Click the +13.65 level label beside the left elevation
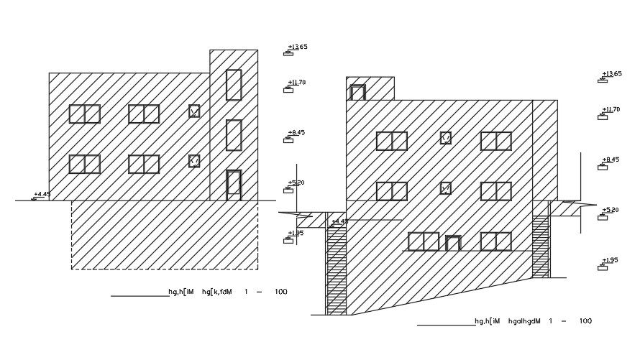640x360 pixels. coord(297,47)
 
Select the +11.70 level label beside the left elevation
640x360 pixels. coord(297,83)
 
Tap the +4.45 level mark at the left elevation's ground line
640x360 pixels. coord(42,194)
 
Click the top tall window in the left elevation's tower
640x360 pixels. coord(234,85)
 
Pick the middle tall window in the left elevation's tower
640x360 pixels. coord(234,135)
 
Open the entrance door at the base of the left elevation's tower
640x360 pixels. coord(234,185)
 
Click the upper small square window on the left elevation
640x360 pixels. coord(194,111)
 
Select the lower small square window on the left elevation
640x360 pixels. coord(194,161)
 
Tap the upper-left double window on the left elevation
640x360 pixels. coord(85,114)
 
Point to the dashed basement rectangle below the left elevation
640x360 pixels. coord(164,235)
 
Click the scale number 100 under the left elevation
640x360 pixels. coord(280,292)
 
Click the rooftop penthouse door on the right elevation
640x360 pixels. coord(357,92)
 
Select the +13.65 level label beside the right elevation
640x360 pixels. coord(612,74)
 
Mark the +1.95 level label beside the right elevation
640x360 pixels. coord(611,260)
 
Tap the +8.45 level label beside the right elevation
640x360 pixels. coord(611,160)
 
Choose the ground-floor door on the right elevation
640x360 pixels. coord(452,243)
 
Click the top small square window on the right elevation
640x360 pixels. coord(446,137)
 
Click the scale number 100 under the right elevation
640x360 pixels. coord(585,321)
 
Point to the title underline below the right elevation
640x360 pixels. coord(446,325)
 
